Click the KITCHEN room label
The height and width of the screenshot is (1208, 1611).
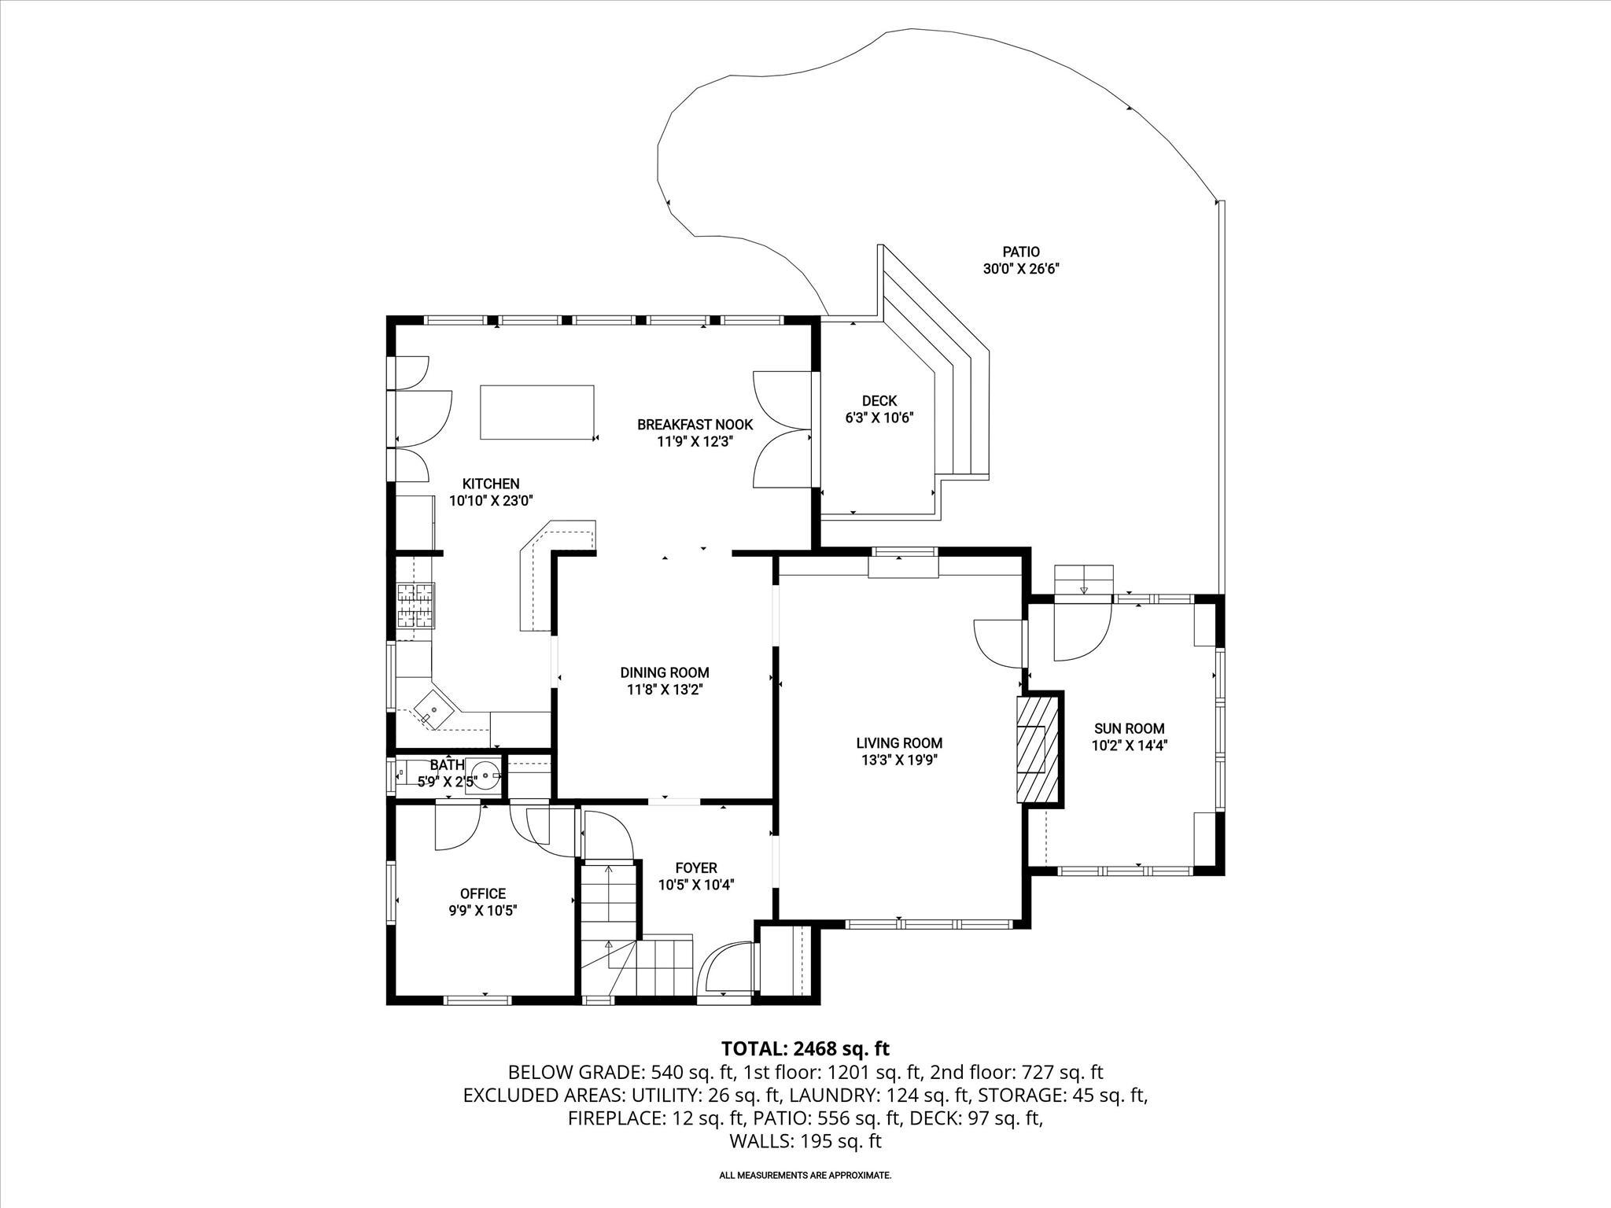click(490, 484)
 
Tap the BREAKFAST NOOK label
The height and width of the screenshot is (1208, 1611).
click(695, 425)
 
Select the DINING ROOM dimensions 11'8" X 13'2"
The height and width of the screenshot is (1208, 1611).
click(665, 690)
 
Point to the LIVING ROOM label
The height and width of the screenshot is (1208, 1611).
click(899, 742)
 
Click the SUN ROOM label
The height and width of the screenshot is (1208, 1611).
click(1129, 728)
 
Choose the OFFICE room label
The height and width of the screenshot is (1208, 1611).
click(483, 893)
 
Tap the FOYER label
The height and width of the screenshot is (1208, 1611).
click(696, 867)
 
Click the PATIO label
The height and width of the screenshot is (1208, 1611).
click(1020, 252)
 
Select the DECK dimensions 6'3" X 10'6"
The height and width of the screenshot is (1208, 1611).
click(879, 418)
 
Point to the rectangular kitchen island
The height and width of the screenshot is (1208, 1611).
click(537, 412)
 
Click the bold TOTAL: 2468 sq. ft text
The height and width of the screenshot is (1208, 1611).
click(805, 1048)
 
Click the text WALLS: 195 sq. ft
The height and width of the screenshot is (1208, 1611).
click(805, 1141)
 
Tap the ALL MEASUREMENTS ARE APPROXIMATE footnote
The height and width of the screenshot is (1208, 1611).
click(805, 1176)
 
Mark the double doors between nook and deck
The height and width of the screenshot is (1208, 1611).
click(780, 429)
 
